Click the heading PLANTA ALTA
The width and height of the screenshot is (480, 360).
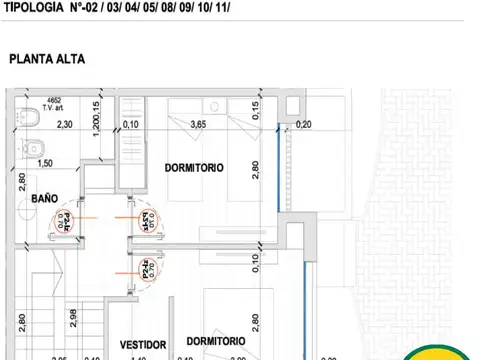(x=47, y=59)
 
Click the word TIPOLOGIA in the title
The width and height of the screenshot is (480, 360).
(x=38, y=8)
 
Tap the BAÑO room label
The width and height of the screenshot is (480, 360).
(x=44, y=199)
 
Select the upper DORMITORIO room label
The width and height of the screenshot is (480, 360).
(x=194, y=167)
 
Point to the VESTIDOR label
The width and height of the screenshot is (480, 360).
(x=142, y=344)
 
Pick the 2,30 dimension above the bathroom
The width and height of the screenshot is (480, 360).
(x=65, y=125)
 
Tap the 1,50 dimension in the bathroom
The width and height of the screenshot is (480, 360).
(x=44, y=164)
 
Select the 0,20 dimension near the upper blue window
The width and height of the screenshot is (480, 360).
(x=304, y=125)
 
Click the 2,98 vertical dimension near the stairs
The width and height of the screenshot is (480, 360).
(x=73, y=320)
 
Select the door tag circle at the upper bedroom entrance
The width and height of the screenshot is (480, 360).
(x=146, y=220)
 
